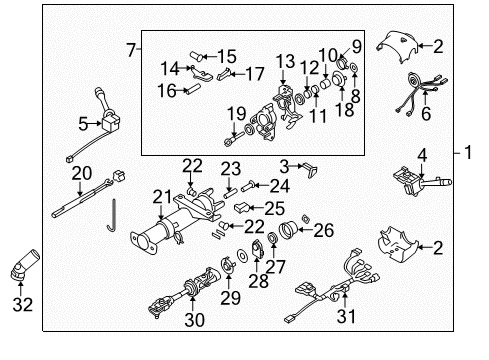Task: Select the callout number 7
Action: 130,49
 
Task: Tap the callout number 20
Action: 82,172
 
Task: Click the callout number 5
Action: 85,125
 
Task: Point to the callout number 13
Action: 286,61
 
